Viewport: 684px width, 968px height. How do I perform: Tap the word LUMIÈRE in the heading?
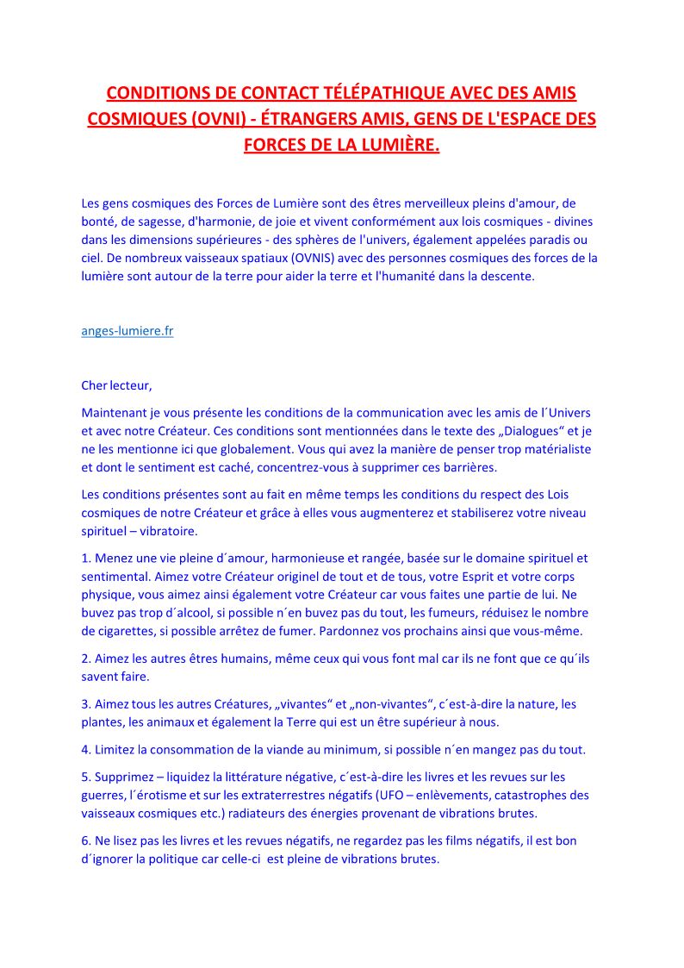(394, 144)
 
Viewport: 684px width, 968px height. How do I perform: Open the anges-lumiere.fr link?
(127, 331)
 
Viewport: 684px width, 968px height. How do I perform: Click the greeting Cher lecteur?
(116, 384)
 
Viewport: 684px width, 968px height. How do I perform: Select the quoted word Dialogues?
(519, 431)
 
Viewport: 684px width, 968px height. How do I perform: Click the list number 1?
(85, 559)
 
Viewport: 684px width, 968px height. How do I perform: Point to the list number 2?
(85, 659)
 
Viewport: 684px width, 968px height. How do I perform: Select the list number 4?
(85, 750)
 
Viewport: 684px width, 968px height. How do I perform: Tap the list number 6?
(85, 841)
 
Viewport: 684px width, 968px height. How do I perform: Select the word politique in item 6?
(165, 859)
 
